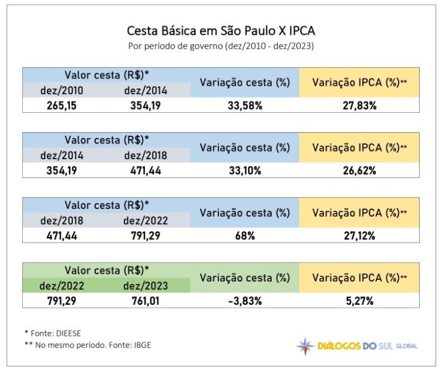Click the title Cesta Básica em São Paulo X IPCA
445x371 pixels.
(x=221, y=31)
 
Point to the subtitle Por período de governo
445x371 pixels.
(x=221, y=46)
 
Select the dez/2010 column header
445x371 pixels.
(x=61, y=91)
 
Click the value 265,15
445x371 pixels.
(x=61, y=106)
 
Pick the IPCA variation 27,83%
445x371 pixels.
(x=358, y=106)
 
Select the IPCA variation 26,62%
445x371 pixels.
(x=358, y=170)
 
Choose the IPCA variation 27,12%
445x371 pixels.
(x=358, y=235)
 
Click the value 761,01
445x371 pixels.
(x=146, y=300)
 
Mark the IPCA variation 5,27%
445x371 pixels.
(x=358, y=300)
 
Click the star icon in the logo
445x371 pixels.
(x=305, y=346)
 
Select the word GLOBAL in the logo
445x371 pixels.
(x=407, y=346)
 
